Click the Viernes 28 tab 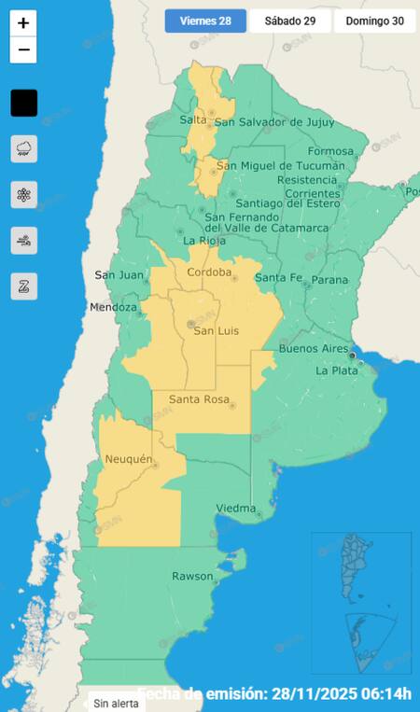205,21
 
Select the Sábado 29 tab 289,21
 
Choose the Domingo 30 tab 374,21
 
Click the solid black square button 24,103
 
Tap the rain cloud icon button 24,148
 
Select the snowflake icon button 24,194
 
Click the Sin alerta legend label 116,703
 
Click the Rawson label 192,576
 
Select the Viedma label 235,508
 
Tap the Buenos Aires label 314,348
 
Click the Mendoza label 114,307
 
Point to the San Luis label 216,330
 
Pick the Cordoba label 209,272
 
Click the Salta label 192,120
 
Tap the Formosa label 330,151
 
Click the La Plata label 336,370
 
